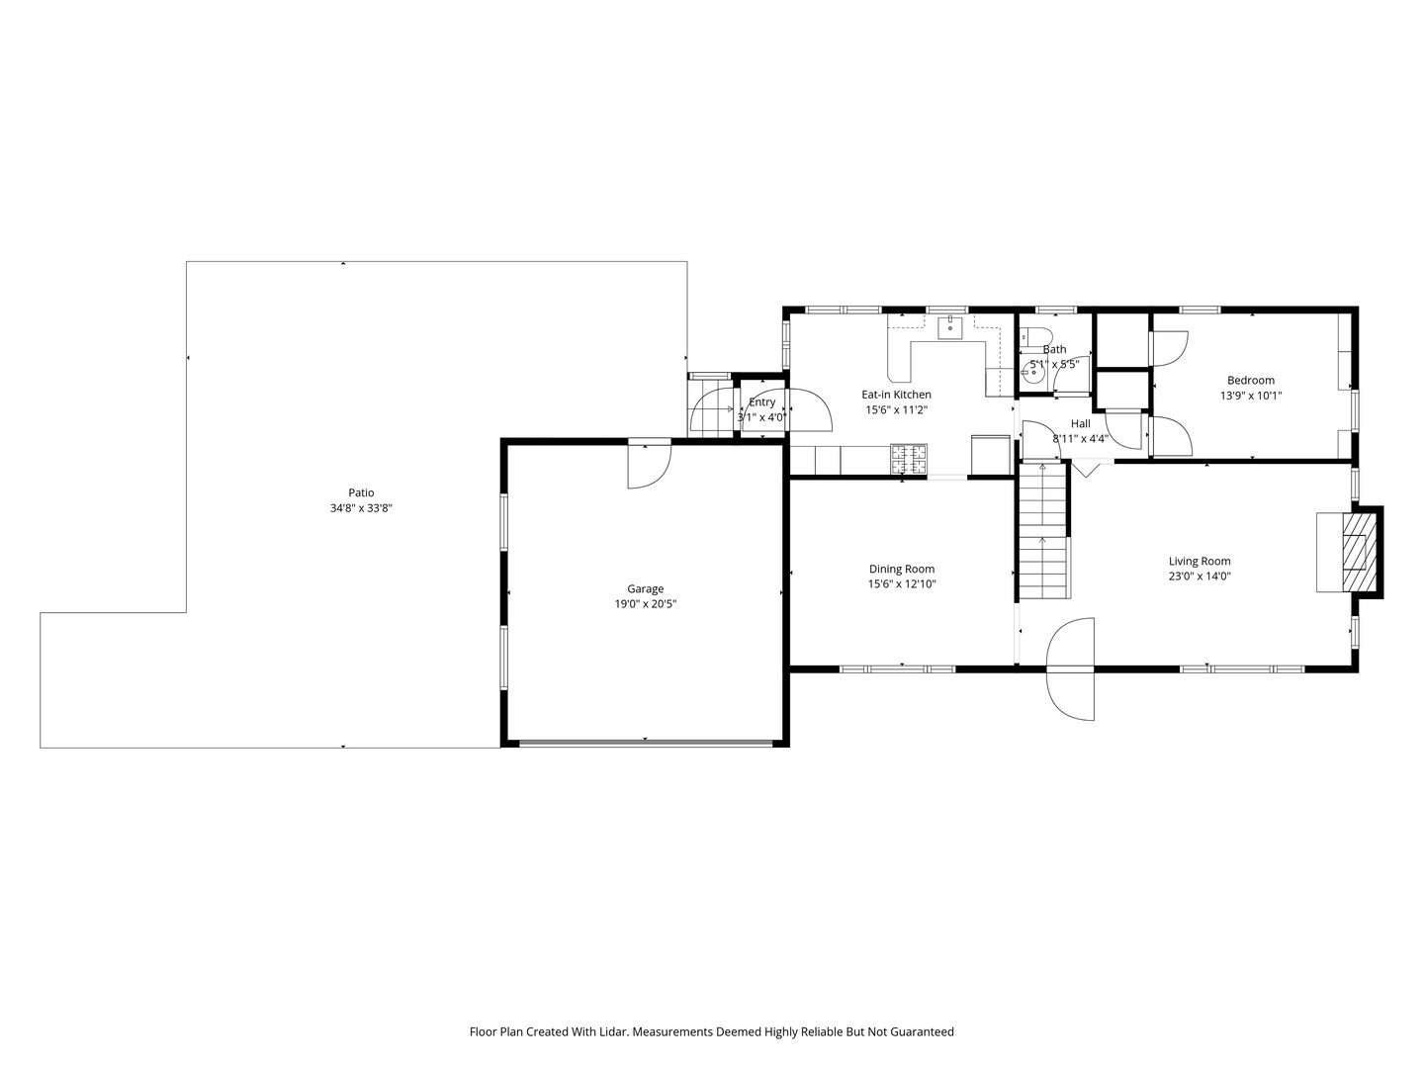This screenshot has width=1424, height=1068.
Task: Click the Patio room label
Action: (x=361, y=492)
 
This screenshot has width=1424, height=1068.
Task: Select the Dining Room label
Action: (x=901, y=569)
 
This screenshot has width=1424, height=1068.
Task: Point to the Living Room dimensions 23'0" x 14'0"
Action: (x=1200, y=577)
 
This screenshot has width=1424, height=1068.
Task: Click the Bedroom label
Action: (x=1250, y=380)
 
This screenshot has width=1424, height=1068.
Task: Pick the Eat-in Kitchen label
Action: (x=896, y=395)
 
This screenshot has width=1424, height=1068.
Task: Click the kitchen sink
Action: (x=949, y=325)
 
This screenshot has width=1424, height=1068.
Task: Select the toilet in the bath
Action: (x=1034, y=336)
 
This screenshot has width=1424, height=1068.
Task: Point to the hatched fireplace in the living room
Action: (x=1356, y=550)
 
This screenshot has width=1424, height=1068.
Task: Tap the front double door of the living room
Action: (x=1071, y=669)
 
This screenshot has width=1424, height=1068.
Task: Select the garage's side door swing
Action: (x=648, y=465)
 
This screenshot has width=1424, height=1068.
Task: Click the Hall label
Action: (x=1080, y=423)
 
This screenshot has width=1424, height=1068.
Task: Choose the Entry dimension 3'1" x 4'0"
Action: (x=761, y=417)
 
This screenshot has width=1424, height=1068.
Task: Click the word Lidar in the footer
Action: (x=612, y=1031)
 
